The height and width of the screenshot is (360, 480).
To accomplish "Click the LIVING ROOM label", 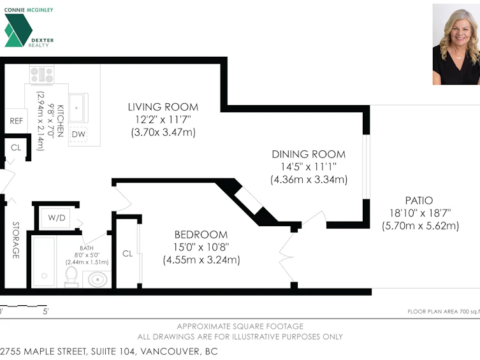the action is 163,107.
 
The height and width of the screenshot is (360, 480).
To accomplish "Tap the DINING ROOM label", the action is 309,154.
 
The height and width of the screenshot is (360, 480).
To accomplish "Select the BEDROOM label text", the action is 201,234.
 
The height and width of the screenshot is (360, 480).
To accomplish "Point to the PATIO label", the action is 419,201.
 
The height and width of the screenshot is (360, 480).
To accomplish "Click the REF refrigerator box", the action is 16,121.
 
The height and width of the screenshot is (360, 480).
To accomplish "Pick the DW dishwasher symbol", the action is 78,134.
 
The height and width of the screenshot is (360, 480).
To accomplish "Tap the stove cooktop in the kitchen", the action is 42,75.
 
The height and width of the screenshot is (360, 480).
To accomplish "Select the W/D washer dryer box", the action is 55,218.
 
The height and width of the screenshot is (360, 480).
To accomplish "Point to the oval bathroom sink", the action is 98,279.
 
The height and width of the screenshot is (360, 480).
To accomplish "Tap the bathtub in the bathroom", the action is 44,262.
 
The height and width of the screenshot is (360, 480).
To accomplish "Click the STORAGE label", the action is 16,240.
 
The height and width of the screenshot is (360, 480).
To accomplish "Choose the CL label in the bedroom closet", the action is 127,254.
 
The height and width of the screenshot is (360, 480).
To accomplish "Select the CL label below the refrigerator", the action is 16,148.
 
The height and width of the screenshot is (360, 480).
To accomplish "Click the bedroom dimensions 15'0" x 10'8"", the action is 201,247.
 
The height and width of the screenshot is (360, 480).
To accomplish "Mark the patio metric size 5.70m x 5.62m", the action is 421,226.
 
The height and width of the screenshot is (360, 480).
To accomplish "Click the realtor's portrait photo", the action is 456,45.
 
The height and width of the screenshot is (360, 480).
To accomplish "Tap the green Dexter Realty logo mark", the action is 18,31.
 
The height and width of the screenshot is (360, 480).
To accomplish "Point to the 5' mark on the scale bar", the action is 46,312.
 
